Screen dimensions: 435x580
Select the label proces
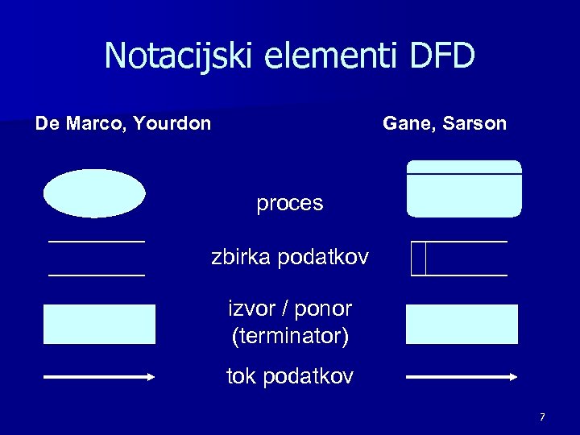(289, 204)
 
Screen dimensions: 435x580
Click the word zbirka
(241, 258)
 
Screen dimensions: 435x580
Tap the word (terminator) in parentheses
(290, 336)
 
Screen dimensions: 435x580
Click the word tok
(241, 376)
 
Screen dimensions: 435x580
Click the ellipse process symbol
(94, 193)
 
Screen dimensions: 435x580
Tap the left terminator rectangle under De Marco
(99, 324)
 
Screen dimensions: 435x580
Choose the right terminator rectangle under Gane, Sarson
(462, 324)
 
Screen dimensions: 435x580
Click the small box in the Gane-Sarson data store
(417, 258)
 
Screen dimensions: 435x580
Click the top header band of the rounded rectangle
(464, 167)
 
